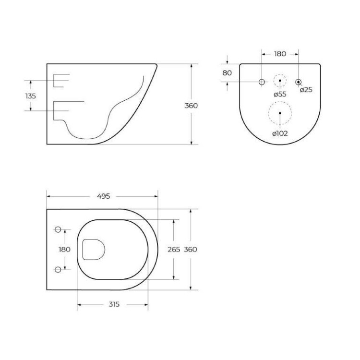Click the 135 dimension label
(30, 96)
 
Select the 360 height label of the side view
(191, 105)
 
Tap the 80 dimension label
(227, 73)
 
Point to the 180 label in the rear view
(280, 54)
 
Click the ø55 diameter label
(280, 94)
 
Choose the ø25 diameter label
(306, 90)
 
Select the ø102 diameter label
(280, 133)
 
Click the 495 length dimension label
(104, 196)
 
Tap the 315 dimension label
(113, 304)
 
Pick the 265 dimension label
(174, 249)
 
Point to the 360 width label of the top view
(191, 249)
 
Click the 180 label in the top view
(64, 249)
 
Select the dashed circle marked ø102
(279, 114)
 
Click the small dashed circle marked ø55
(280, 81)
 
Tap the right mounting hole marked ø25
(299, 82)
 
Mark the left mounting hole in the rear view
(262, 82)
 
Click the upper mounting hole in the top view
(58, 230)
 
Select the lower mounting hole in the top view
(58, 269)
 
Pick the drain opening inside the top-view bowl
(93, 249)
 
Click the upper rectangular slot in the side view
(62, 81)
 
